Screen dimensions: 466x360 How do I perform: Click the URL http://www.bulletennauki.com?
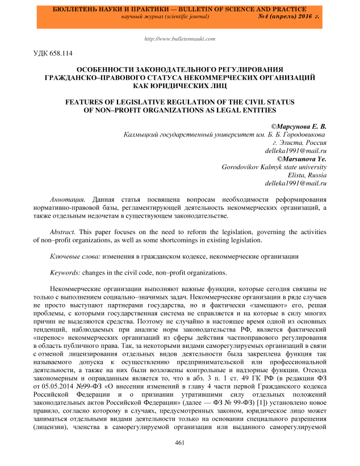point(180,39)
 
